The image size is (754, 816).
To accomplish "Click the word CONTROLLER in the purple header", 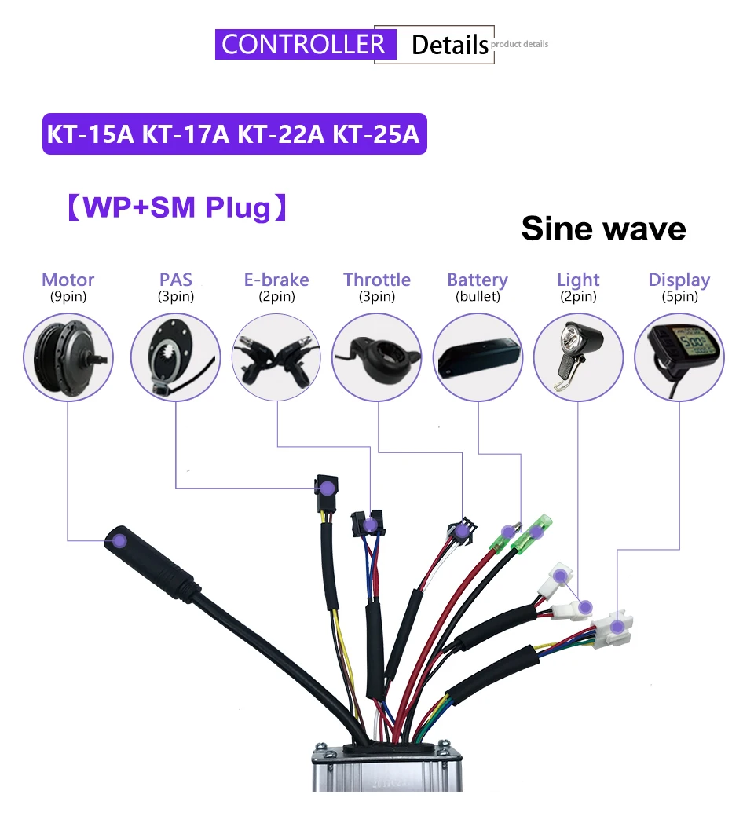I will tap(303, 44).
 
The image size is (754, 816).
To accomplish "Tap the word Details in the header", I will tap(449, 45).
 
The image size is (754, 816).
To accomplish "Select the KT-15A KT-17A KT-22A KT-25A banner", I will tap(234, 134).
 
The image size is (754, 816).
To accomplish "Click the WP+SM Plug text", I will tap(175, 207).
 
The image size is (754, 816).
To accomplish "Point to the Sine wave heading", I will tap(603, 229).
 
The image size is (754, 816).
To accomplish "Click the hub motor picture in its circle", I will tap(68, 357).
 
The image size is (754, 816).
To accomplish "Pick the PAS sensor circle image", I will tap(175, 357).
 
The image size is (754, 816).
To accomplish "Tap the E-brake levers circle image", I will tap(276, 357).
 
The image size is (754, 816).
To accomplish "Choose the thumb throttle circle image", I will tap(377, 357).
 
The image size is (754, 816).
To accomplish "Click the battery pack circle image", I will tap(478, 357).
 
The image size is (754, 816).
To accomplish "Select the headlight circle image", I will tap(578, 357).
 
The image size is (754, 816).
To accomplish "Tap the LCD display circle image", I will tap(679, 357).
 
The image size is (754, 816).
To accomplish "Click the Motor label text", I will tap(68, 280).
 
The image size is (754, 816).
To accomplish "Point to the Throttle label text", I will tap(377, 280).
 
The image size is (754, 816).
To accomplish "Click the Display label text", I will tap(679, 280).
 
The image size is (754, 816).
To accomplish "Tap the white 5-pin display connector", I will tap(613, 628).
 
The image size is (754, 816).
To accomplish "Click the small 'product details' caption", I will tap(520, 44).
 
